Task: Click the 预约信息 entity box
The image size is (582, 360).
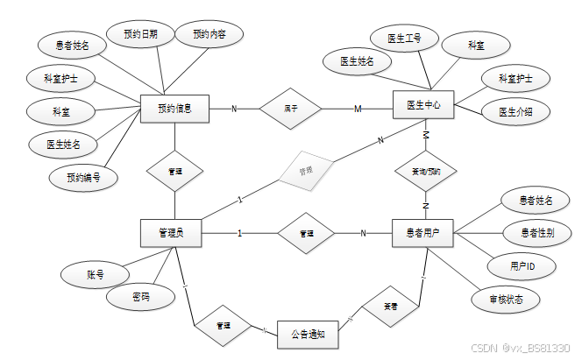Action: point(174,109)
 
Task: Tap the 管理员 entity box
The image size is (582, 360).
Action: point(170,233)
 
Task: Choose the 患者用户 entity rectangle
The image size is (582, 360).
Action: point(422,233)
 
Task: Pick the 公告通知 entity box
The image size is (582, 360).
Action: point(307,334)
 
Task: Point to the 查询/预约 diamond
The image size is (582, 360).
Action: point(426,172)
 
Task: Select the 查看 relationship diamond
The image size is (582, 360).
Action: point(391,307)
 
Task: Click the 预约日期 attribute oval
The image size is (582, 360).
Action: point(141,34)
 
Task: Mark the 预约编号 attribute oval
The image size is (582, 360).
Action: point(83,178)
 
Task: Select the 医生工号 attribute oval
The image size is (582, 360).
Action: point(404,39)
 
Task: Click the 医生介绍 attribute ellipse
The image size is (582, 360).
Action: point(517,111)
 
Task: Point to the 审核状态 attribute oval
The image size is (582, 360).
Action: point(507,300)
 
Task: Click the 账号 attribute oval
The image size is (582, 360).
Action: point(96,274)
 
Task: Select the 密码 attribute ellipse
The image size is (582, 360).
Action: point(140,298)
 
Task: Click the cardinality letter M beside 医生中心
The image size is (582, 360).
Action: point(358,109)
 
